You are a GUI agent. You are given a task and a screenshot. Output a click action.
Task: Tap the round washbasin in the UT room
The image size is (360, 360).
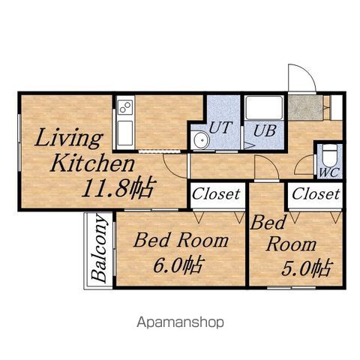[x=202, y=140]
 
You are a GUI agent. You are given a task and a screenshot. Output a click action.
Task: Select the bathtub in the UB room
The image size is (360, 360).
[x=264, y=108]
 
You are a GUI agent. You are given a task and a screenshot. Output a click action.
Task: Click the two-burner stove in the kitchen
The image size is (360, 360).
[x=125, y=107]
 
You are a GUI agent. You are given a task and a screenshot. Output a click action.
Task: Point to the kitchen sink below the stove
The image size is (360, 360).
[x=125, y=133]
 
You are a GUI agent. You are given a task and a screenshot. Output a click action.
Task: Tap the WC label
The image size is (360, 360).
[x=329, y=172]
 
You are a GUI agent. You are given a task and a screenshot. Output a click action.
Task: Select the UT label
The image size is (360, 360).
[x=220, y=127]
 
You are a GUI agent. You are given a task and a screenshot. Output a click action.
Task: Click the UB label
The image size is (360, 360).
[x=265, y=130]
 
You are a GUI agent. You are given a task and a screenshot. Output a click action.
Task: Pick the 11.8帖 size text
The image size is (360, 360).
[x=117, y=187]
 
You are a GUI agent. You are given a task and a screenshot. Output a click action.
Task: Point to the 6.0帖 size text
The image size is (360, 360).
[x=177, y=264]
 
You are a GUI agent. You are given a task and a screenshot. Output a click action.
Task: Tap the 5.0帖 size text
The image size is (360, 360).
[x=307, y=268]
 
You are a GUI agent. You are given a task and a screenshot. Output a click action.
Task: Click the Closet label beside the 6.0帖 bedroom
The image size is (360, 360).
[x=216, y=193]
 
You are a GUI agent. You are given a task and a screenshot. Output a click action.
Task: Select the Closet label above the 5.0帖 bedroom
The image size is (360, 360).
[x=316, y=193]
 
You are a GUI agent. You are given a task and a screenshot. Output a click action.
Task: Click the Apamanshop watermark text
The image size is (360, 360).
[x=180, y=322]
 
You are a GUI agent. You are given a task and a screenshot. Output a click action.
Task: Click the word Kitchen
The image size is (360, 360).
[x=92, y=163]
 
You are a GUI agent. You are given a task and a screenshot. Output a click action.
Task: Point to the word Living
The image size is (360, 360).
[x=69, y=138]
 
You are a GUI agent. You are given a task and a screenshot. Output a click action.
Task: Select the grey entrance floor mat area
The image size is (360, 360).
[x=305, y=108]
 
